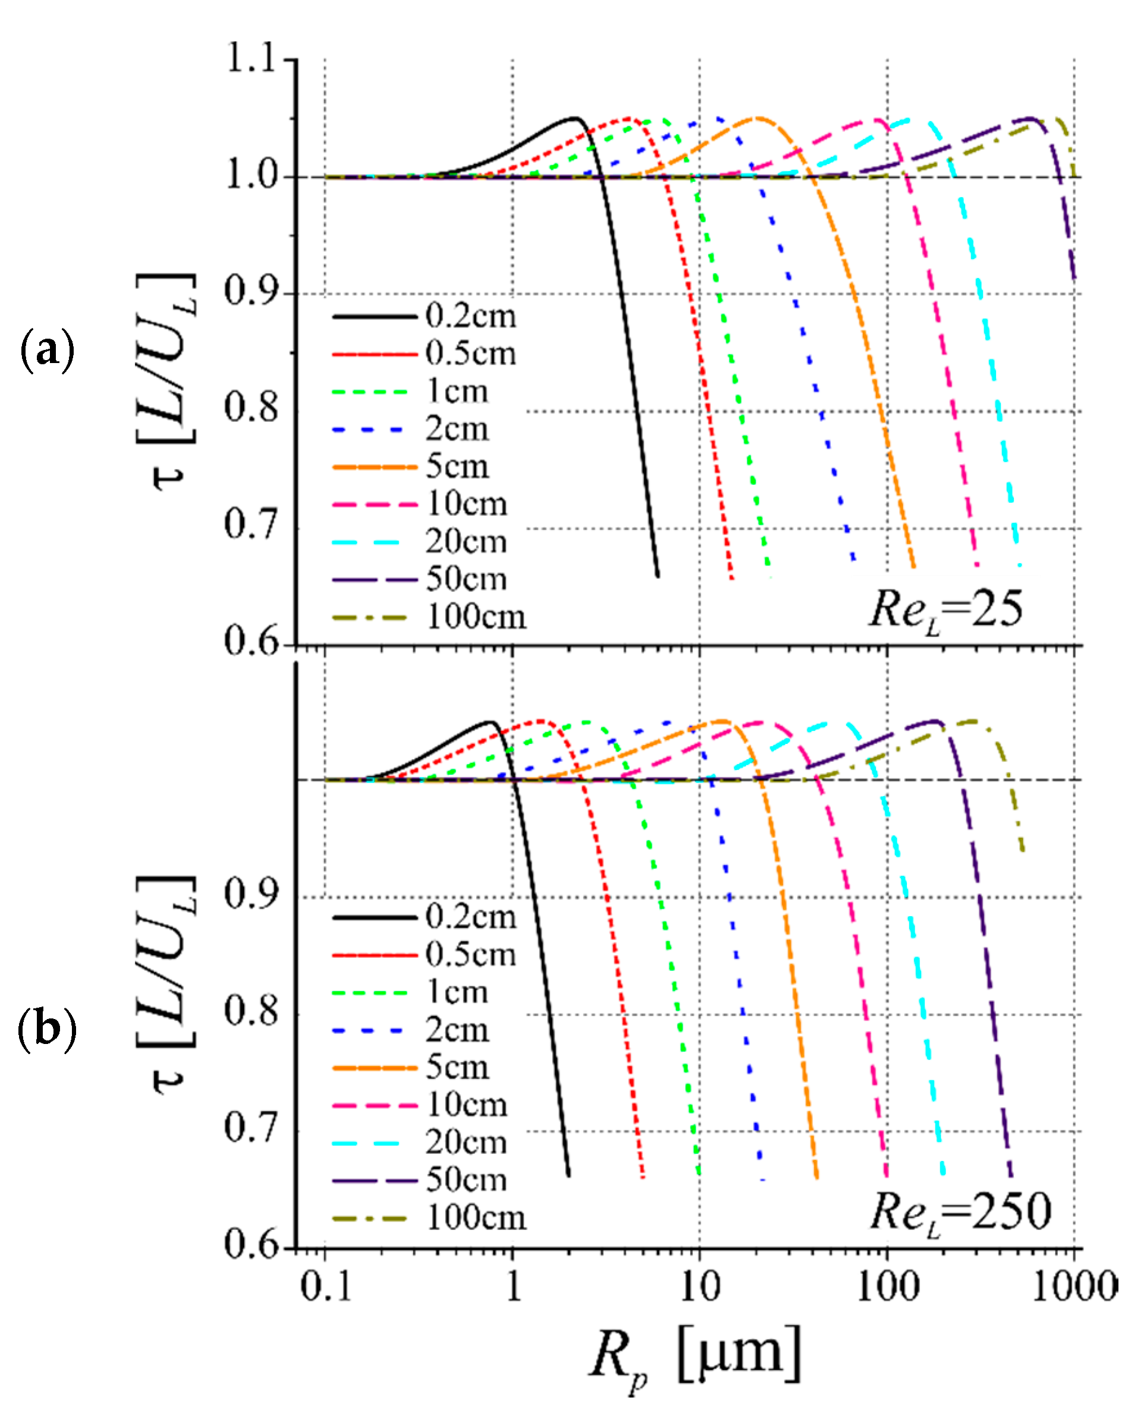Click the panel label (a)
(48, 350)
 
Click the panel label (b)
(48, 1030)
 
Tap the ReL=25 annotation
(946, 610)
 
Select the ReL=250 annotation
(960, 1212)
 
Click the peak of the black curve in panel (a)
(576, 119)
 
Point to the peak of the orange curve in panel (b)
(722, 721)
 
